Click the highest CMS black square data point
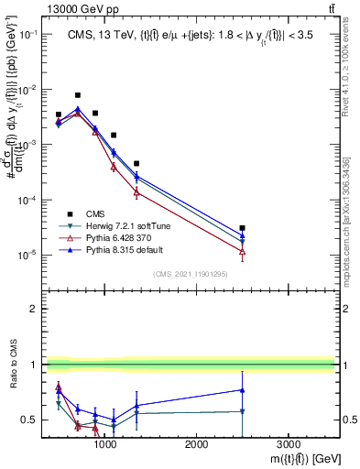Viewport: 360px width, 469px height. click(78, 95)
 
